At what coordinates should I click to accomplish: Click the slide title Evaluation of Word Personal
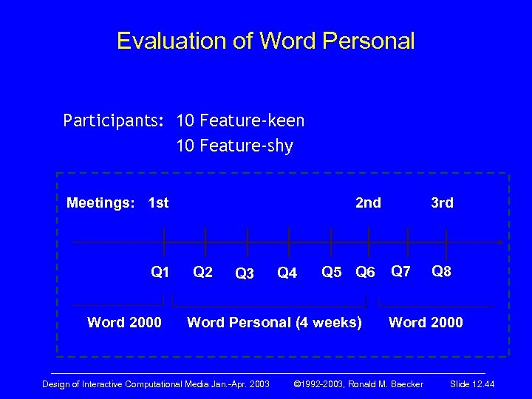pyautogui.click(x=266, y=41)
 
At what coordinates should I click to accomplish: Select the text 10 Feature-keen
pyautogui.click(x=240, y=120)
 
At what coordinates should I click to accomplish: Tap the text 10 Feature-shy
pyautogui.click(x=234, y=146)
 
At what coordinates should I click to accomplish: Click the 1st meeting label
pyautogui.click(x=158, y=202)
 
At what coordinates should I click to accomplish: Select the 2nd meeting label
pyautogui.click(x=368, y=202)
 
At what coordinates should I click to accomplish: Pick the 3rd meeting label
pyautogui.click(x=442, y=202)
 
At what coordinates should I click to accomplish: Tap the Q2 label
pyautogui.click(x=202, y=271)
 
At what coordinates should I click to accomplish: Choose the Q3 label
pyautogui.click(x=244, y=273)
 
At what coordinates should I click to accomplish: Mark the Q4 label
pyautogui.click(x=287, y=273)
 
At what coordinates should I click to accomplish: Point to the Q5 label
pyautogui.click(x=332, y=272)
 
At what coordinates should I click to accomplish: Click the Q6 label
pyautogui.click(x=365, y=272)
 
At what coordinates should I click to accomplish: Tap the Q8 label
pyautogui.click(x=441, y=270)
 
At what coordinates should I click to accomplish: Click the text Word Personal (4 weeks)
pyautogui.click(x=274, y=322)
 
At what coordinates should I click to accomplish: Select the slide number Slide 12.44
pyautogui.click(x=472, y=383)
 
